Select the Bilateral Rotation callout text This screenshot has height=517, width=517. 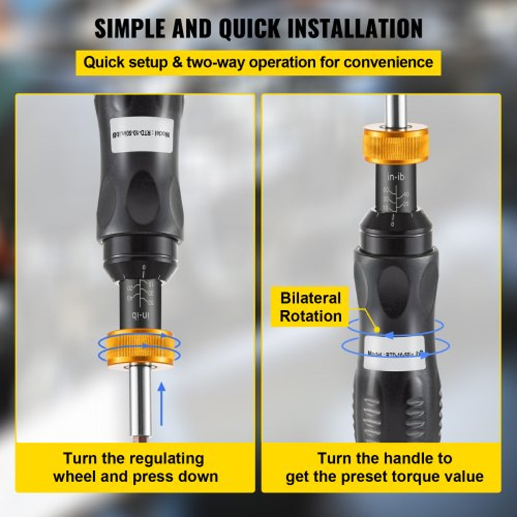311,308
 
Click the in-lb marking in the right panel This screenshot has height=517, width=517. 396,176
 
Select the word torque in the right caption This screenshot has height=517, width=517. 410,477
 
